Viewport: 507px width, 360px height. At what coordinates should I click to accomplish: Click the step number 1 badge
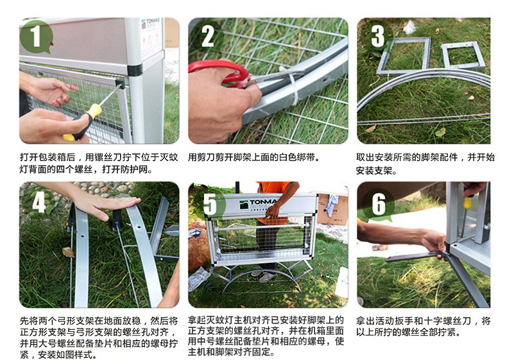pyautogui.click(x=36, y=37)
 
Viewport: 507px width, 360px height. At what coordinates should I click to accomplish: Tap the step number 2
pyautogui.click(x=207, y=36)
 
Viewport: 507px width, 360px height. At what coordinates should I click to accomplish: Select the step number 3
pyautogui.click(x=377, y=36)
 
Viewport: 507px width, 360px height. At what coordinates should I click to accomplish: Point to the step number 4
pyautogui.click(x=39, y=202)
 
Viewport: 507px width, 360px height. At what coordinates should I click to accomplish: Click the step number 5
pyautogui.click(x=210, y=205)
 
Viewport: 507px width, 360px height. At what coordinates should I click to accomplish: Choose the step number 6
pyautogui.click(x=379, y=205)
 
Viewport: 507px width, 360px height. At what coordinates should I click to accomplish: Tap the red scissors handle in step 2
pyautogui.click(x=220, y=73)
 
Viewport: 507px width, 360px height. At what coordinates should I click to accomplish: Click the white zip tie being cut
pyautogui.click(x=293, y=88)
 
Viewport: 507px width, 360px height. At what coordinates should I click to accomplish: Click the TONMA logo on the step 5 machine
pyautogui.click(x=259, y=203)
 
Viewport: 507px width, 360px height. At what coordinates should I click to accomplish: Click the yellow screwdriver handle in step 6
pyautogui.click(x=468, y=202)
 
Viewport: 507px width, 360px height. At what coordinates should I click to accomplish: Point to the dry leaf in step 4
pyautogui.click(x=68, y=252)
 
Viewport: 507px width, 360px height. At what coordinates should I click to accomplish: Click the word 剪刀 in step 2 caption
pyautogui.click(x=206, y=157)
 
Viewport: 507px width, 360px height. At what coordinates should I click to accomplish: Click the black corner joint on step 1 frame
pyautogui.click(x=135, y=70)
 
